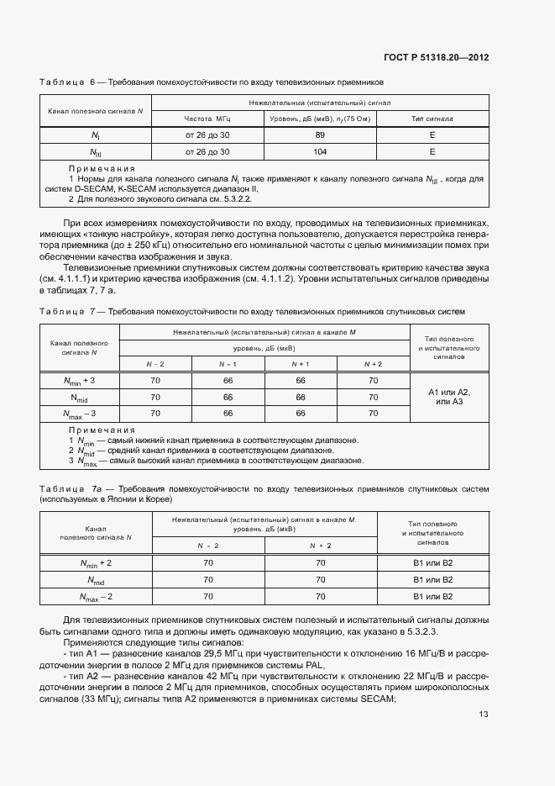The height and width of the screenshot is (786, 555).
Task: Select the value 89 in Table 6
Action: point(320,135)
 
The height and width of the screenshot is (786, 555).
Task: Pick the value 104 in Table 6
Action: point(320,152)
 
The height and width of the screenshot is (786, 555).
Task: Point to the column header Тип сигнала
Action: point(432,119)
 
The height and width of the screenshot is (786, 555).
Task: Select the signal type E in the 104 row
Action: point(432,152)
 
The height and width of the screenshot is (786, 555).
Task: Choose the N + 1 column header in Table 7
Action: point(301,363)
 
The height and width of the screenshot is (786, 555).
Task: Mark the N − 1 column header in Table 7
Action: point(228,363)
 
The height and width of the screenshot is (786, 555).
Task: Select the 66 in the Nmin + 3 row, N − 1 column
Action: point(228,380)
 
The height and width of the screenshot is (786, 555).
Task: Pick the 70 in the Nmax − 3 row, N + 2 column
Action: point(373,413)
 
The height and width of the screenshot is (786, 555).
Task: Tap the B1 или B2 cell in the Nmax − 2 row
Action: point(432,596)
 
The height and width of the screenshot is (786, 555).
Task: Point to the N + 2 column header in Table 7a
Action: point(320,545)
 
